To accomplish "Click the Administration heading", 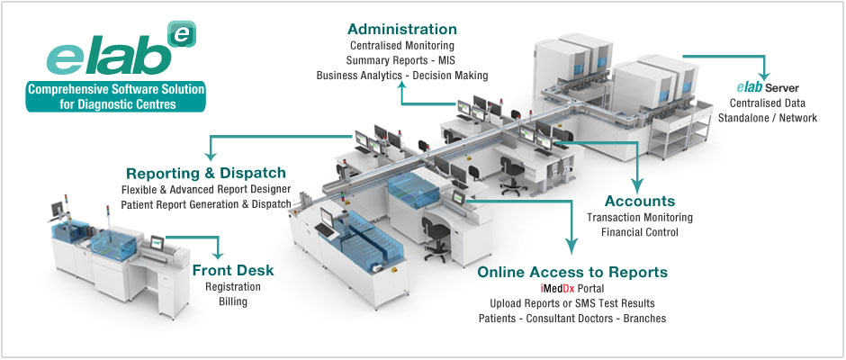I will (401, 29).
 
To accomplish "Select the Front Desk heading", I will (233, 270).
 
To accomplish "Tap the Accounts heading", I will (640, 201).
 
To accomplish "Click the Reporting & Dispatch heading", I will (206, 173).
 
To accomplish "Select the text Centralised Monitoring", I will (401, 45).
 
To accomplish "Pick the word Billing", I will (233, 301).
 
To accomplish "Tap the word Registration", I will (233, 286).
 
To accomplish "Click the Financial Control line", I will (639, 232).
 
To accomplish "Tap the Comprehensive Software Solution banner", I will (114, 96).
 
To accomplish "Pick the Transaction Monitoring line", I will (639, 217).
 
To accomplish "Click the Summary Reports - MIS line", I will (401, 60).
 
